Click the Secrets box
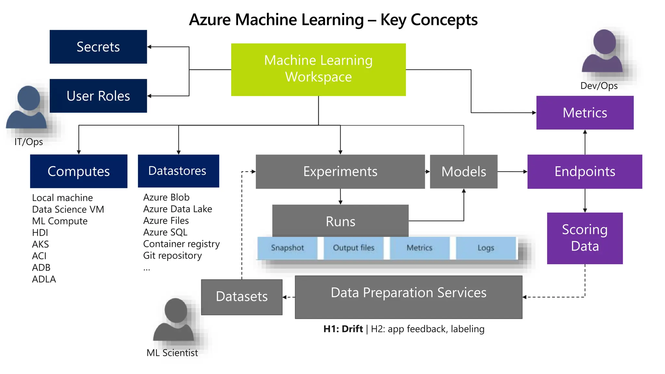pos(98,47)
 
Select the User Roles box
pos(98,96)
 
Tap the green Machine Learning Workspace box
pos(318,69)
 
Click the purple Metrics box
pos(584,113)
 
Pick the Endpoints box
pos(584,171)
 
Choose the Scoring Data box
pos(584,238)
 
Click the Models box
pos(463,171)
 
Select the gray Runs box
pos(340,221)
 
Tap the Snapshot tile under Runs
pos(287,248)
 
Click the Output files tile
pos(354,248)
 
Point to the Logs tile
pos(485,248)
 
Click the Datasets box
pos(242,297)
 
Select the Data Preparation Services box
pos(408,297)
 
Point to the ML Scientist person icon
pos(174,320)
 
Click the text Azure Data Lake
pos(178,209)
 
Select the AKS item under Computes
pos(41,244)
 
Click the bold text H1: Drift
pos(343,329)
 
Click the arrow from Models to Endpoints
pos(512,171)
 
